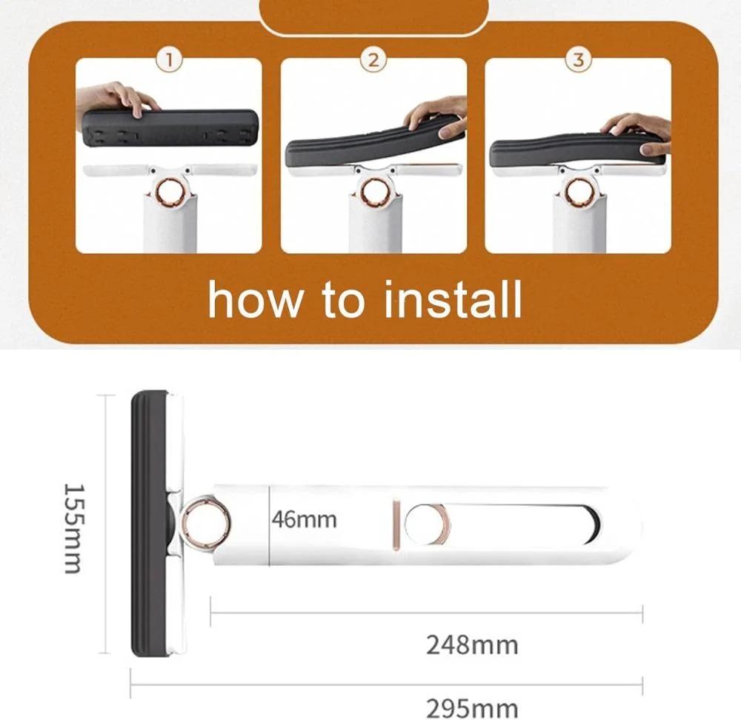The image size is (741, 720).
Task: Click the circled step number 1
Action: [x=169, y=60]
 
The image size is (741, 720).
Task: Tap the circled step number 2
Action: [x=373, y=60]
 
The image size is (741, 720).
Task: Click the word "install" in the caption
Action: [x=452, y=299]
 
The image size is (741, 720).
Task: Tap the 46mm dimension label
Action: [x=305, y=520]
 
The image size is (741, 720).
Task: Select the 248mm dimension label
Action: [x=472, y=645]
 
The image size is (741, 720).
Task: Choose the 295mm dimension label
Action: [x=472, y=708]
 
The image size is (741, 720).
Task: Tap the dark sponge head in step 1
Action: [x=170, y=127]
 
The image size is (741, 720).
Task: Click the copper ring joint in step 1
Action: [x=170, y=192]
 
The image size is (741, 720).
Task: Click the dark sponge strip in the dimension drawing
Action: [x=148, y=523]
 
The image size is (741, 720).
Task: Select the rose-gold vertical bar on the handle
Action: [x=397, y=526]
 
